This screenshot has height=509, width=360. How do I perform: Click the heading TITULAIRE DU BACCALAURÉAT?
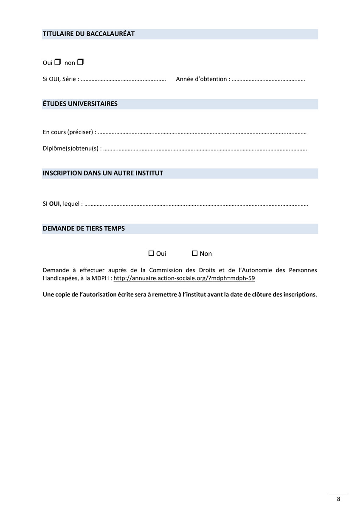click(89, 34)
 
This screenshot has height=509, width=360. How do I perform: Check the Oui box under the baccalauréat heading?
click(58, 62)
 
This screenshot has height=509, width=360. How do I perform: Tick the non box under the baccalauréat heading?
click(81, 62)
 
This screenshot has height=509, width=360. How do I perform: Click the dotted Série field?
click(123, 79)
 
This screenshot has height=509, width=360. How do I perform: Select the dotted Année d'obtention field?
click(268, 79)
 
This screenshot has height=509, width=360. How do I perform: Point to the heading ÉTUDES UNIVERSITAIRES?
click(80, 104)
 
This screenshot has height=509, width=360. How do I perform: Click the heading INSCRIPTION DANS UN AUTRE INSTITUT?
click(103, 173)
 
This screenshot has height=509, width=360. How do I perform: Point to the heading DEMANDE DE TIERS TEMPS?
click(84, 229)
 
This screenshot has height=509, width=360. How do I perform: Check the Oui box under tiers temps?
click(151, 253)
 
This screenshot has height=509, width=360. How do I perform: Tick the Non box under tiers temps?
click(195, 253)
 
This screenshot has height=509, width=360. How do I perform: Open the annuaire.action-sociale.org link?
click(184, 279)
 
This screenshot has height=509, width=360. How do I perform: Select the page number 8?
click(338, 499)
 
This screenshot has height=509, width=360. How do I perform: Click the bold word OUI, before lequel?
click(55, 204)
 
